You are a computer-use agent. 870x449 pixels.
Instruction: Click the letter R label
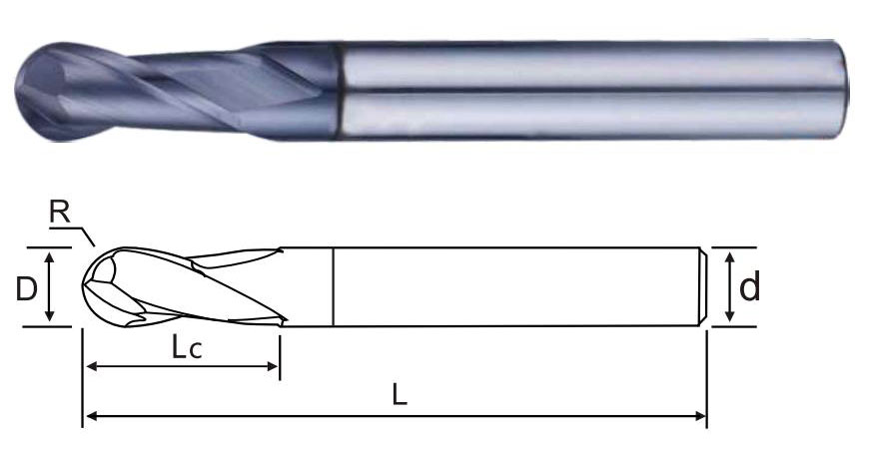coord(60,212)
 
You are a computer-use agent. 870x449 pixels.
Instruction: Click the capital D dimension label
coord(26,288)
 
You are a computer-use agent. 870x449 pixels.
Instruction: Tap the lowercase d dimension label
coord(749,286)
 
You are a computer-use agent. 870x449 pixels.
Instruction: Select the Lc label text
coord(186,348)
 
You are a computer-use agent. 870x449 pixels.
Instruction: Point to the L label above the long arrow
coord(400,395)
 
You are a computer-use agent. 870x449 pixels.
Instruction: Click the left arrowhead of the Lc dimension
coord(92,366)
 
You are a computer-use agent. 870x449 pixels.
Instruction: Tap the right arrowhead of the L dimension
coord(700,416)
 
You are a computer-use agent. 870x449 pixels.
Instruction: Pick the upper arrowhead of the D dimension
coord(50,256)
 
